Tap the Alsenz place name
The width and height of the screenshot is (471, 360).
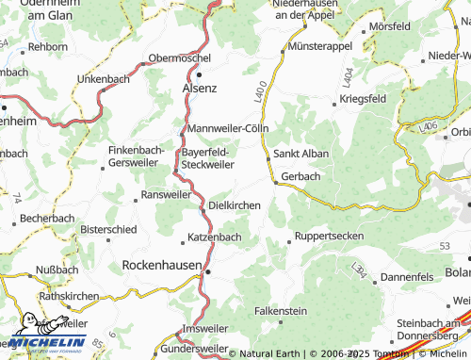tap(199, 88)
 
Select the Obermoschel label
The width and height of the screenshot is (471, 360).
tap(180, 57)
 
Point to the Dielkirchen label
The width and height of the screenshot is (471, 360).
tap(235, 204)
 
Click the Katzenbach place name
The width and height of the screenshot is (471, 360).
tap(215, 237)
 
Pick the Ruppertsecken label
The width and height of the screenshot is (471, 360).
tap(329, 236)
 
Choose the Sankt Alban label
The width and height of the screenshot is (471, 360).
tap(300, 154)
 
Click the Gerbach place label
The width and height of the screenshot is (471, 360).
tap(300, 176)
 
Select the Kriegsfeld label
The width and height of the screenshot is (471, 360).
tap(366, 98)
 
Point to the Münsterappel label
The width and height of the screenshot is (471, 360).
tap(320, 45)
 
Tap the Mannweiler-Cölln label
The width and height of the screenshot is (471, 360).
tap(229, 128)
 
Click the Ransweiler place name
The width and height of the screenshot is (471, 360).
tap(165, 194)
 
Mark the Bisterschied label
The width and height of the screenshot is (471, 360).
tap(108, 228)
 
